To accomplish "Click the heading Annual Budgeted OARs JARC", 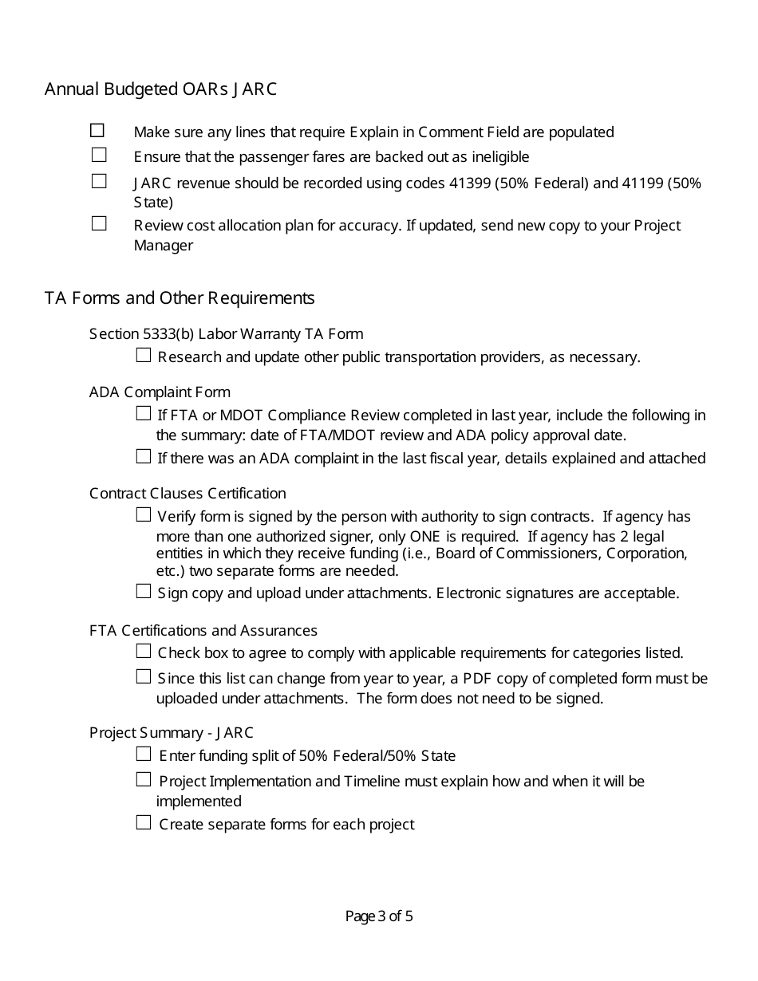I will tap(160, 89).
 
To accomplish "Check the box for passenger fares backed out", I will tap(99, 156).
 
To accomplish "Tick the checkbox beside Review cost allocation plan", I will tap(99, 224).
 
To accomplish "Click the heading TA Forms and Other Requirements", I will tap(180, 298).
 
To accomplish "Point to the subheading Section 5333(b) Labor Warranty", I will tap(226, 333).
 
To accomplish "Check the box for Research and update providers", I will tap(144, 356).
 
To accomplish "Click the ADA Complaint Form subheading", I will tap(160, 392).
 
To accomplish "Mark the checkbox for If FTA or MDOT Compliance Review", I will tap(144, 414).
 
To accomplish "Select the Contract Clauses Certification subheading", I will tap(188, 494).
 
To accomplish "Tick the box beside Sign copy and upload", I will tap(144, 592).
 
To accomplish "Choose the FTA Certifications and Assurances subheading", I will tap(203, 631).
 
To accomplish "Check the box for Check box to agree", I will tap(144, 652).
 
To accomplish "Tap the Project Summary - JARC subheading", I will tap(172, 732).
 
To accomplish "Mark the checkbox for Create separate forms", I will tap(144, 823).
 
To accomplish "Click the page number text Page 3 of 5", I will tap(379, 916).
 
